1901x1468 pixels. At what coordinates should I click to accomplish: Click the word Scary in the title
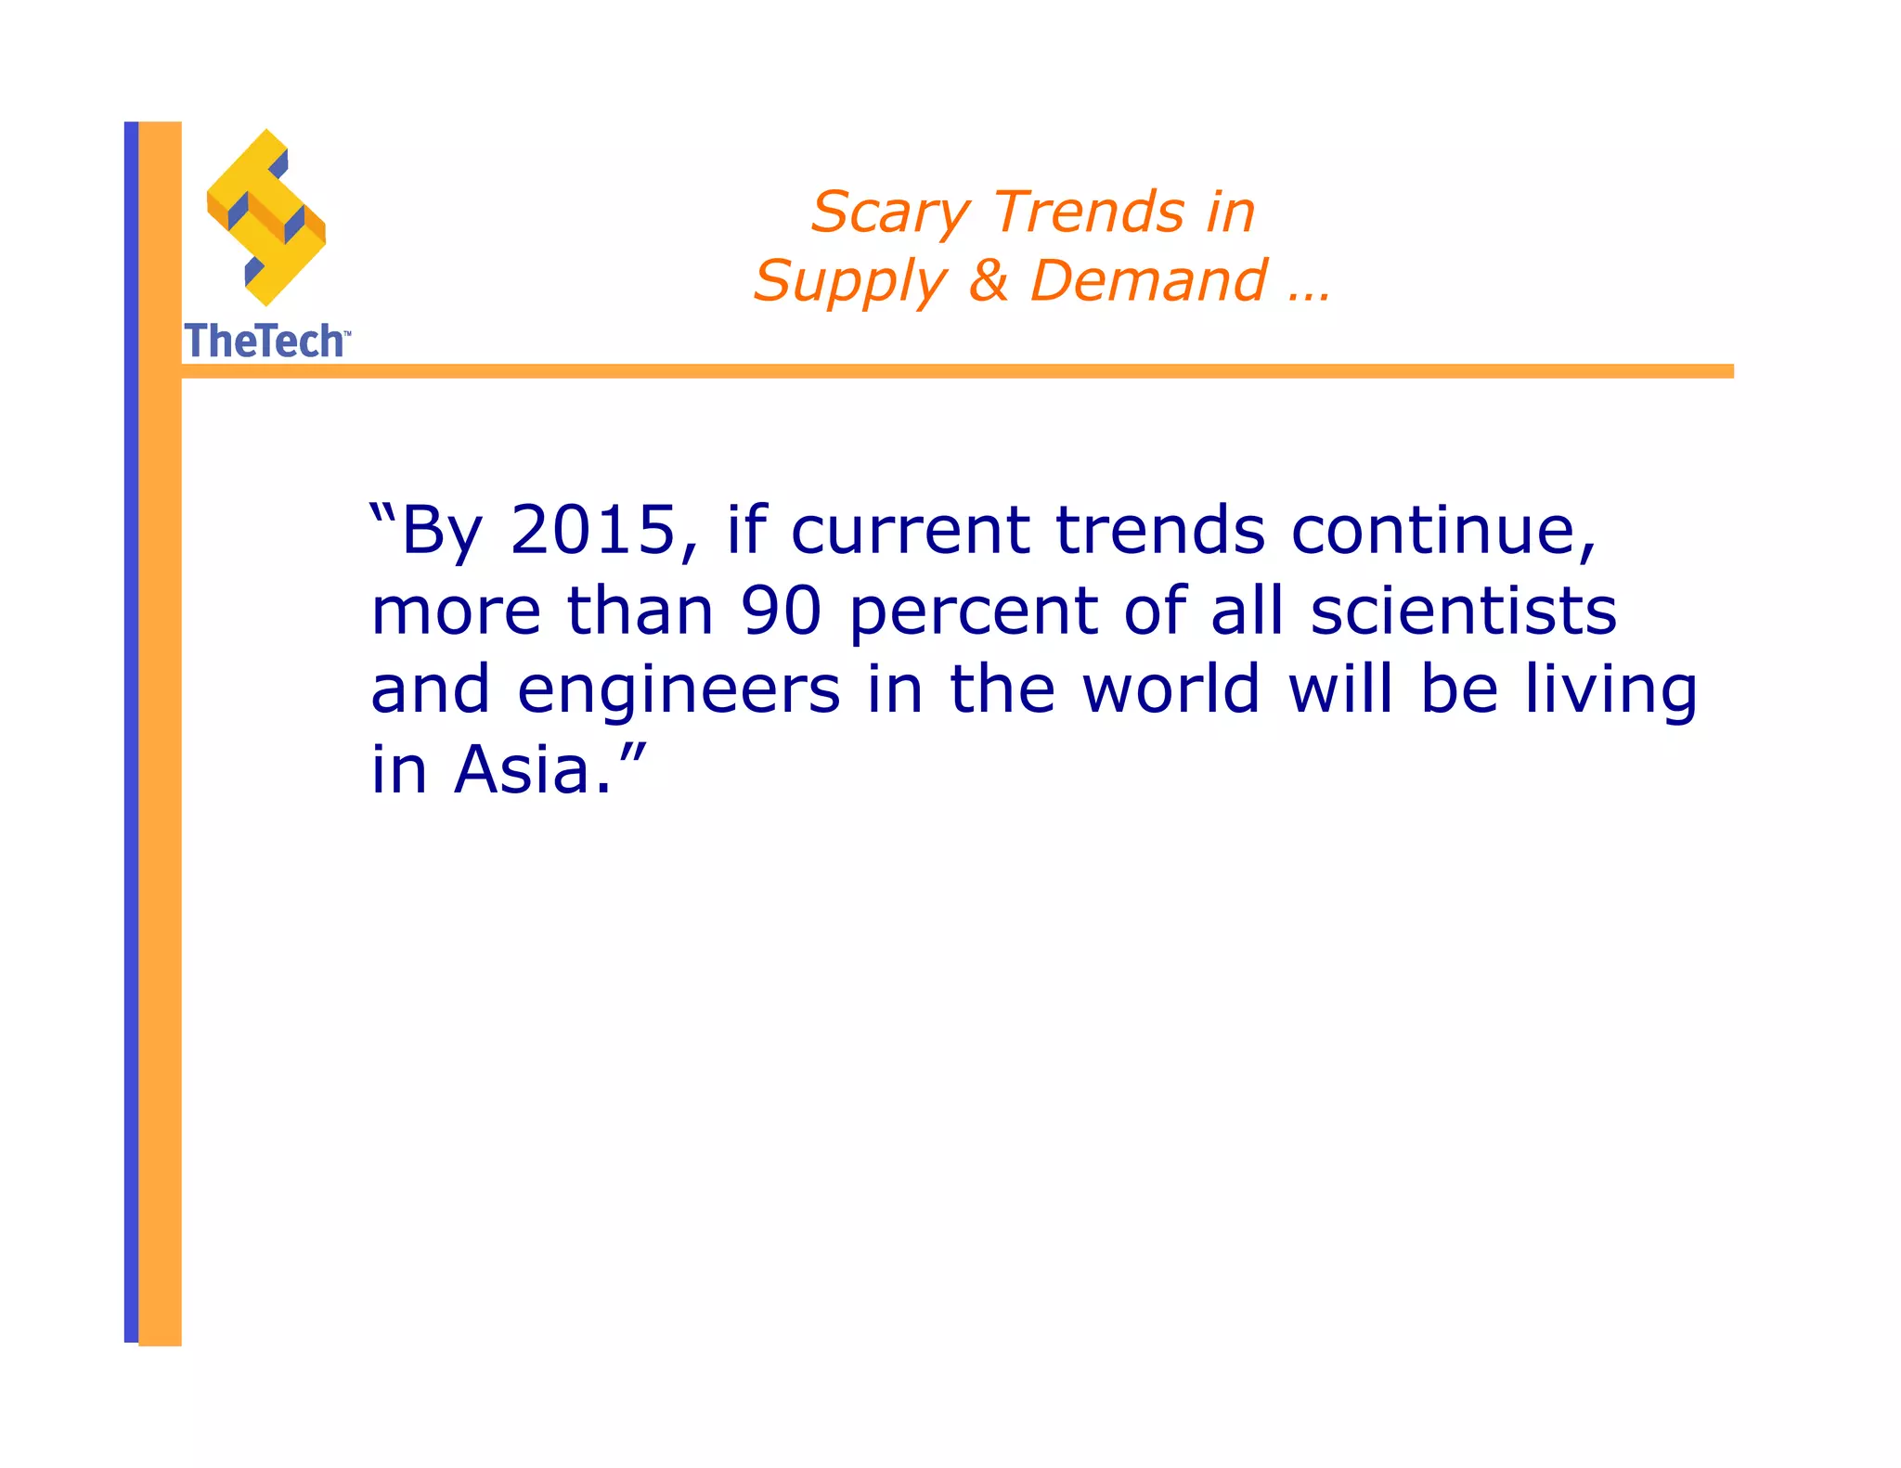click(x=890, y=213)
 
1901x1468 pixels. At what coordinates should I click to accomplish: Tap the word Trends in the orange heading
click(x=1089, y=212)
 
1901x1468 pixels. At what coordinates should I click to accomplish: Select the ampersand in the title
click(x=989, y=280)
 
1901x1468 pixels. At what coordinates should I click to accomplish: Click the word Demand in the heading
click(x=1148, y=280)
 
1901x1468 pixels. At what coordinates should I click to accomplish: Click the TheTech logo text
click(x=265, y=341)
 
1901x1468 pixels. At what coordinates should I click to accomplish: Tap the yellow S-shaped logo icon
click(x=266, y=217)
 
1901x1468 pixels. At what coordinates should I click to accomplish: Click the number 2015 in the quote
click(x=593, y=530)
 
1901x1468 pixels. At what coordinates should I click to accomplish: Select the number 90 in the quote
click(x=781, y=611)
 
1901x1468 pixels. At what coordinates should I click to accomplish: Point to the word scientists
click(x=1463, y=611)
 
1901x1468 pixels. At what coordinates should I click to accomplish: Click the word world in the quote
click(x=1171, y=689)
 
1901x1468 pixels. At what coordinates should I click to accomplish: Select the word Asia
click(x=522, y=770)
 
